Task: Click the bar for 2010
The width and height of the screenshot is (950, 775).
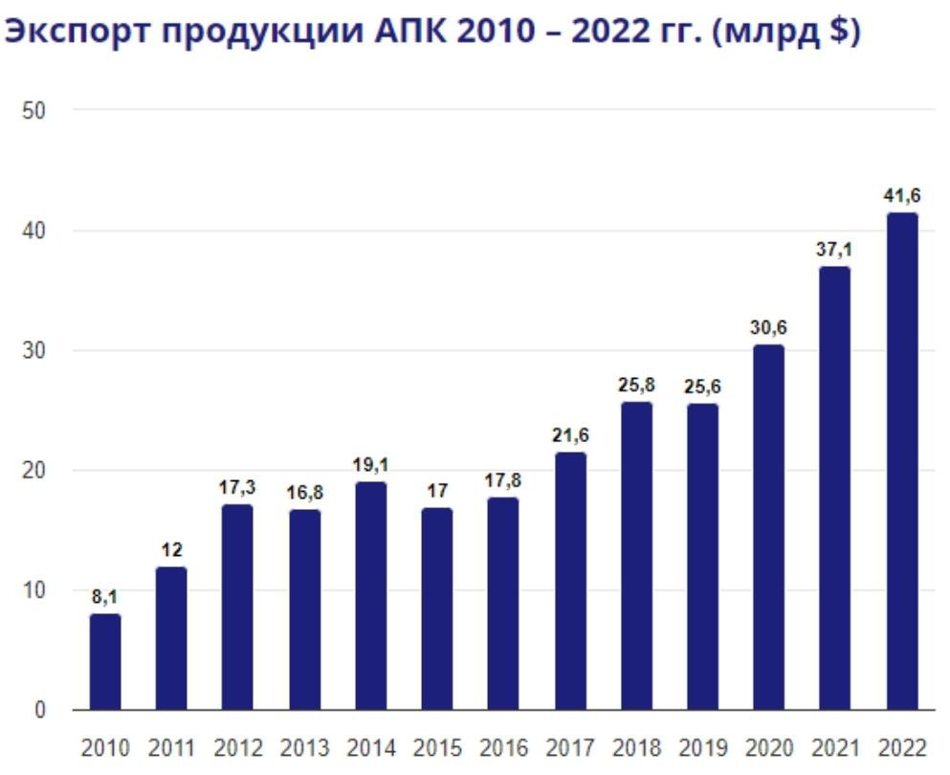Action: tap(105, 662)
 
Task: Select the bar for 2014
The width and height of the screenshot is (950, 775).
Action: tap(370, 596)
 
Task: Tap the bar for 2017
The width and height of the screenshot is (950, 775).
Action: tap(570, 581)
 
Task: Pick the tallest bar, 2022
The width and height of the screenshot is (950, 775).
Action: tap(901, 461)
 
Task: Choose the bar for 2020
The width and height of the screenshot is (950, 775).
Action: tap(768, 527)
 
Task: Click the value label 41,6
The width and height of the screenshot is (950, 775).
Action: tap(901, 196)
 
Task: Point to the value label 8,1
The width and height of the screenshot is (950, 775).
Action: tap(105, 598)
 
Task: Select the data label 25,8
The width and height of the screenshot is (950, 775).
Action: tap(636, 387)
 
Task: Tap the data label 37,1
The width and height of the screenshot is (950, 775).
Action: tap(835, 251)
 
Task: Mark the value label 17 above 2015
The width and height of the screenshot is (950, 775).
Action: tap(437, 492)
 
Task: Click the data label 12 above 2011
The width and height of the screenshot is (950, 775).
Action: tap(172, 550)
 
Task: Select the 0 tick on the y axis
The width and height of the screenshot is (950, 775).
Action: tap(39, 710)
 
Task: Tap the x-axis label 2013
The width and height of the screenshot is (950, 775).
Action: tap(304, 747)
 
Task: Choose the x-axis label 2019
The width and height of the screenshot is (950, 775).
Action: tap(702, 747)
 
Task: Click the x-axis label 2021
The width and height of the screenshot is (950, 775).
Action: tap(835, 747)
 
